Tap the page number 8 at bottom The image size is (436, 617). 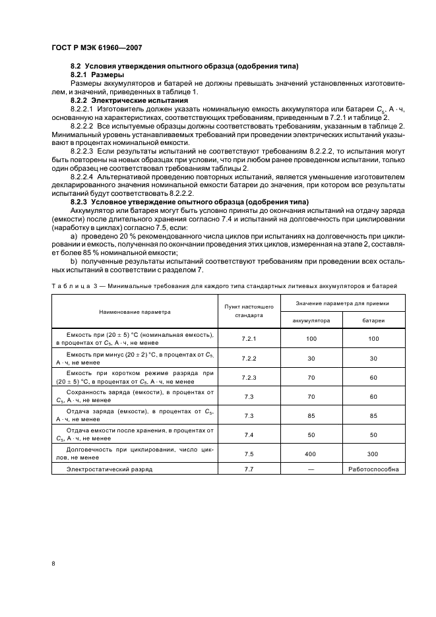point(53,564)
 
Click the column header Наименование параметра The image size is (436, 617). point(135,311)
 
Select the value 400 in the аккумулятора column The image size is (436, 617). point(311,454)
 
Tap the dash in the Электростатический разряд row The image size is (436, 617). point(311,469)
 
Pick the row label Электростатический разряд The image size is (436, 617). point(109,469)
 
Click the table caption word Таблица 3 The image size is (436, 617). point(75,286)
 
